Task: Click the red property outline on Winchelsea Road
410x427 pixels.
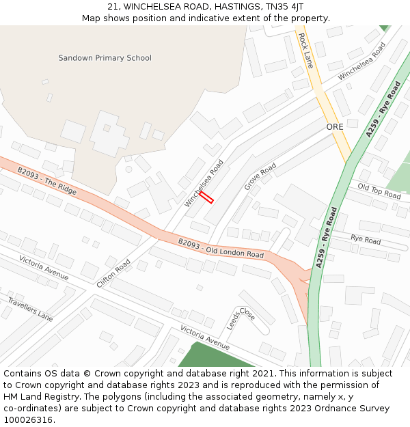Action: (x=206, y=197)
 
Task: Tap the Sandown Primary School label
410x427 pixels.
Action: (x=105, y=58)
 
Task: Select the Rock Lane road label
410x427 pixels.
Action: (x=305, y=51)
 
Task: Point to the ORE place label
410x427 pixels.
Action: (x=335, y=127)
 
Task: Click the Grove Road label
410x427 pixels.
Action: (x=260, y=176)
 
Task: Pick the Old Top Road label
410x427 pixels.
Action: (x=379, y=191)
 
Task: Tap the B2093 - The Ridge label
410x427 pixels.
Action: (x=47, y=180)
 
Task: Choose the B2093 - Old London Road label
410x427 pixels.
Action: (x=221, y=248)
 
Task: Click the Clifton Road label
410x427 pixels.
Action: (x=113, y=273)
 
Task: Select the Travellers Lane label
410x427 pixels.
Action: (x=30, y=309)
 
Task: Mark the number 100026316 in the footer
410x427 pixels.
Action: (x=28, y=419)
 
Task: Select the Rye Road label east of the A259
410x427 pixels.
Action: (x=366, y=240)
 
